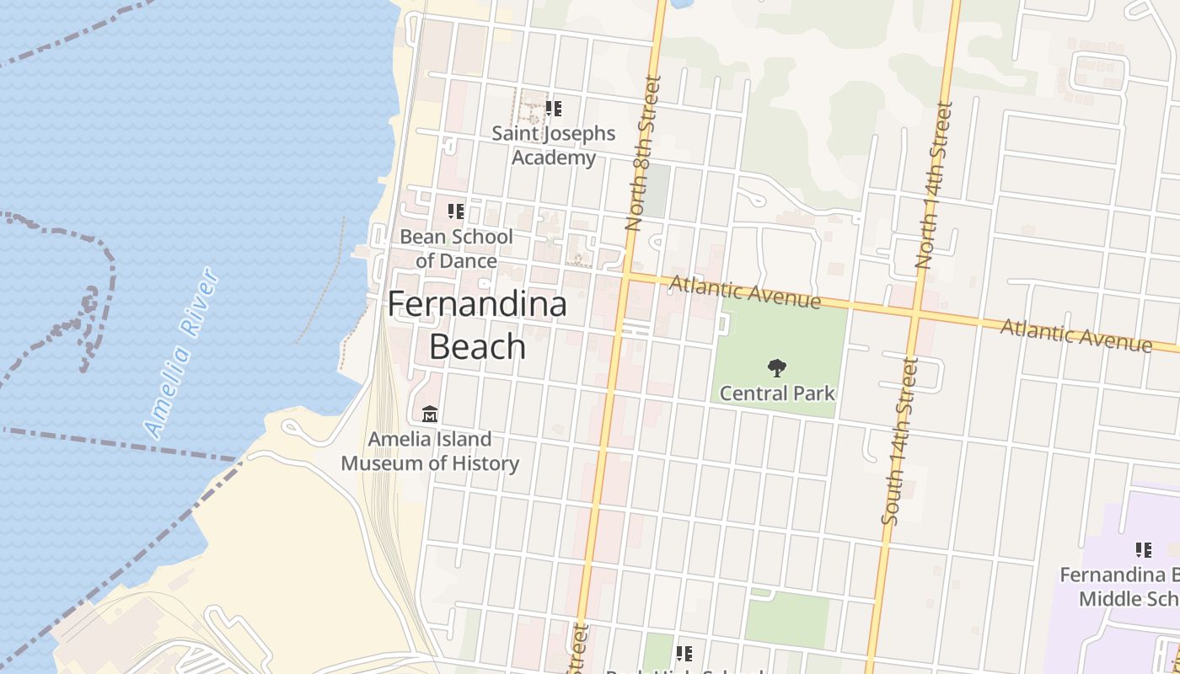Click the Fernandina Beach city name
[x=477, y=325]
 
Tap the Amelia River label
[x=182, y=353]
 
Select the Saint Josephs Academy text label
[x=554, y=145]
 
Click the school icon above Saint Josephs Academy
[x=554, y=109]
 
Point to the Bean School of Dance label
[x=456, y=249]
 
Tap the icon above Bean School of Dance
[x=456, y=211]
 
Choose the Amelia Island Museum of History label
[x=430, y=451]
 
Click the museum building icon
[x=430, y=414]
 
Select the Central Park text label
[x=777, y=393]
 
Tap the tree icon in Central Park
[x=777, y=367]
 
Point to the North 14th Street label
[x=934, y=185]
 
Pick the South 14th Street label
[x=899, y=440]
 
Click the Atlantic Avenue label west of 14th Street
[x=744, y=292]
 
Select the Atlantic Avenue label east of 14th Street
[x=1075, y=334]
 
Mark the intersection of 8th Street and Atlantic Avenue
[x=626, y=275]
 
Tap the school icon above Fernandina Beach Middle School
[x=1144, y=550]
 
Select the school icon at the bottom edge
[x=684, y=653]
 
